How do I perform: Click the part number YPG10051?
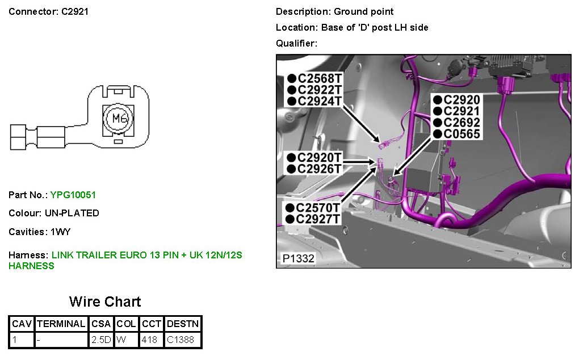(73, 195)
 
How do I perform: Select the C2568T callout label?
(320, 78)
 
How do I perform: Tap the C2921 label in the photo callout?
(461, 111)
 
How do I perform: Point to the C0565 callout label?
(461, 134)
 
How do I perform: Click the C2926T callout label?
(320, 169)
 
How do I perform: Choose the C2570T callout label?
(317, 207)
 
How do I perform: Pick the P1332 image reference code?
(299, 258)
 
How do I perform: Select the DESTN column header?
(183, 324)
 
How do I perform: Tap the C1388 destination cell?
(180, 340)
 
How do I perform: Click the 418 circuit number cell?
(149, 340)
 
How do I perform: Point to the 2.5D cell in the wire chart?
(101, 340)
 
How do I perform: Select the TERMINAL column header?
(61, 324)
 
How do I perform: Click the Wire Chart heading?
(105, 302)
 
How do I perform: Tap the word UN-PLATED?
(72, 214)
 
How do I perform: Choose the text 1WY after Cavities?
(61, 232)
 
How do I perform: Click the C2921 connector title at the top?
(75, 11)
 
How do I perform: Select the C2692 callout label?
(461, 123)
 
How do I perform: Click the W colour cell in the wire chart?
(121, 340)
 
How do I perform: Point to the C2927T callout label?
(317, 219)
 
